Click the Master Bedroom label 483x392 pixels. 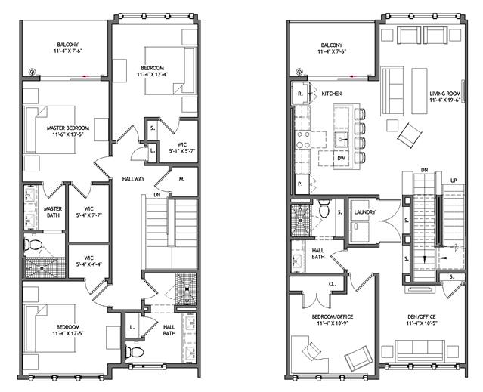pyautogui.click(x=68, y=128)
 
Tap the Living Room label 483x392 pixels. pyautogui.click(x=445, y=94)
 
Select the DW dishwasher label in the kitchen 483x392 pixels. pyautogui.click(x=341, y=158)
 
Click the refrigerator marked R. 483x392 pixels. pyautogui.click(x=300, y=94)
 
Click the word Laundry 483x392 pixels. pyautogui.click(x=365, y=212)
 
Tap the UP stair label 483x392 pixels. pyautogui.click(x=454, y=181)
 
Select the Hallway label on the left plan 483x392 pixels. pyautogui.click(x=133, y=179)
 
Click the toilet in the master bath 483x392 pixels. pyautogui.click(x=33, y=245)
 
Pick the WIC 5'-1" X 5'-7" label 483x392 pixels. pyautogui.click(x=181, y=147)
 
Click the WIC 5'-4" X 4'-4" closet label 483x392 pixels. pyautogui.click(x=88, y=261)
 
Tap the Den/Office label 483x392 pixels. pyautogui.click(x=421, y=316)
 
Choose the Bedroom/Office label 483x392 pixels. pyautogui.click(x=333, y=316)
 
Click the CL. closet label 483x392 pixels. pyautogui.click(x=333, y=284)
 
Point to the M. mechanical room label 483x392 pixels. pyautogui.click(x=181, y=179)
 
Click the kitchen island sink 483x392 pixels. pyautogui.click(x=342, y=140)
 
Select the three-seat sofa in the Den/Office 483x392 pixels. pyautogui.click(x=420, y=350)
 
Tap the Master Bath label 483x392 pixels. pyautogui.click(x=53, y=212)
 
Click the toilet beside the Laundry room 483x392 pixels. pyautogui.click(x=324, y=209)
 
